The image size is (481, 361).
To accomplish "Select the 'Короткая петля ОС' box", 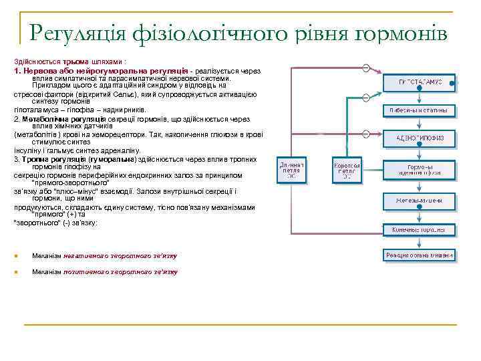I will pyautogui.click(x=347, y=171).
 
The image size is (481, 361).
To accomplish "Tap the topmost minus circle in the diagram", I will pyautogui.click(x=366, y=68).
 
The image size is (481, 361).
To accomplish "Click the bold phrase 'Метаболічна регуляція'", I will pyautogui.click(x=64, y=118).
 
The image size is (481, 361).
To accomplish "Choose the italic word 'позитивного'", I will pyautogui.click(x=87, y=272).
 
